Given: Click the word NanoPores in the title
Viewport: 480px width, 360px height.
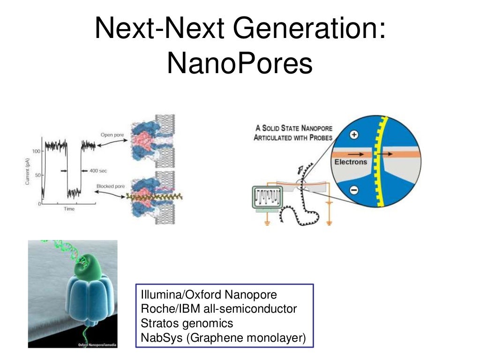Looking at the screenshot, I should pyautogui.click(x=240, y=64).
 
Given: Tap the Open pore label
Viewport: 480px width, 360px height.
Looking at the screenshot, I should pyautogui.click(x=112, y=135).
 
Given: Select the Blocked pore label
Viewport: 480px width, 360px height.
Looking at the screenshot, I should pyautogui.click(x=111, y=186).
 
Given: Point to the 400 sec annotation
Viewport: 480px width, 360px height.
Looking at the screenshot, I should pyautogui.click(x=98, y=171).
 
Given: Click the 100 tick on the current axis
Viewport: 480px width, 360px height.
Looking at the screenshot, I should pyautogui.click(x=36, y=152).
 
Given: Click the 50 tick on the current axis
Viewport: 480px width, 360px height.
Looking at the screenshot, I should pyautogui.click(x=37, y=175).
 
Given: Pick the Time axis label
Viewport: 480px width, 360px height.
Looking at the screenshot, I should pyautogui.click(x=69, y=209).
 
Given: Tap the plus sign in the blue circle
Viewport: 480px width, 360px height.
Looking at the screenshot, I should pyautogui.click(x=354, y=135).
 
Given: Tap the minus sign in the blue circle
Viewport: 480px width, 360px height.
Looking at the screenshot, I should pyautogui.click(x=354, y=190).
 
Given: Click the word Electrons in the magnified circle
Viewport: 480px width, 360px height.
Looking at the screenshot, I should pyautogui.click(x=351, y=162).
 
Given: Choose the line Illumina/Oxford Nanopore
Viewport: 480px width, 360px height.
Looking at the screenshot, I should pyautogui.click(x=209, y=295).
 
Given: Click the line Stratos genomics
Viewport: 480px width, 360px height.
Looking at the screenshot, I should pyautogui.click(x=187, y=323).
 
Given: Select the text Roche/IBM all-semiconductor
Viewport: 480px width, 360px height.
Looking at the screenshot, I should pyautogui.click(x=218, y=309).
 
